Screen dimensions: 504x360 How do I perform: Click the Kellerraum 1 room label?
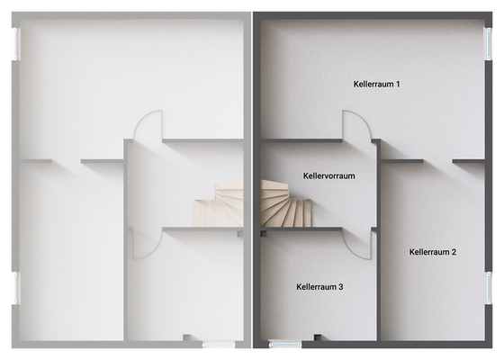click(376, 85)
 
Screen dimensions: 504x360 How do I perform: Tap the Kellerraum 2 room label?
click(433, 252)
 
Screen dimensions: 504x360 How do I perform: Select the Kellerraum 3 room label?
click(319, 287)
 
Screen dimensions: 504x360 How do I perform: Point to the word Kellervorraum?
click(328, 176)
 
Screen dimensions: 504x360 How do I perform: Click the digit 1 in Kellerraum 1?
click(398, 85)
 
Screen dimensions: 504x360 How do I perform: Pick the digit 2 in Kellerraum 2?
click(454, 252)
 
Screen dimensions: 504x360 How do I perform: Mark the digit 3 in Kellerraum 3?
click(340, 287)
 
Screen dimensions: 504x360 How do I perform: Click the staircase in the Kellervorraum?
click(285, 203)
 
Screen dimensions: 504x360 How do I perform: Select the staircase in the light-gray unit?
click(219, 203)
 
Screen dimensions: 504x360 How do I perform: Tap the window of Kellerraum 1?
click(488, 44)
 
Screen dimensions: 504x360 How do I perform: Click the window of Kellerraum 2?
click(488, 288)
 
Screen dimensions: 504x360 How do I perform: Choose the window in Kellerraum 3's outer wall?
click(284, 345)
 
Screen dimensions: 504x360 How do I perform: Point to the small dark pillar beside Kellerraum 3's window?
click(318, 337)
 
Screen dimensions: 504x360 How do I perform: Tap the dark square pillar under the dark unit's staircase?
click(264, 234)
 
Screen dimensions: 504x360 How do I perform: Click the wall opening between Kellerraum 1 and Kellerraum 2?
click(437, 161)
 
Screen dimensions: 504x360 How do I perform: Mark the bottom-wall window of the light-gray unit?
click(219, 345)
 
